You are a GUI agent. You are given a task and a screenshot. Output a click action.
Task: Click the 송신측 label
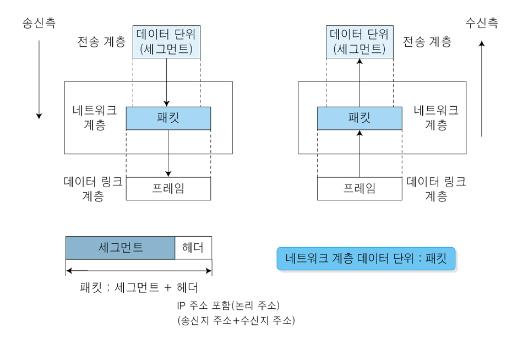pyautogui.click(x=39, y=23)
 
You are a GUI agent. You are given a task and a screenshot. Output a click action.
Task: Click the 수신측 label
pyautogui.click(x=482, y=23)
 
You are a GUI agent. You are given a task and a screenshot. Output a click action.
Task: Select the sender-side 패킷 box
pyautogui.click(x=168, y=118)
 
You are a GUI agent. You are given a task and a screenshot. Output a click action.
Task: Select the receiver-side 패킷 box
pyautogui.click(x=360, y=118)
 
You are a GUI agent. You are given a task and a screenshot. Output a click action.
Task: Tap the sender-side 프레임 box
pyautogui.click(x=168, y=189)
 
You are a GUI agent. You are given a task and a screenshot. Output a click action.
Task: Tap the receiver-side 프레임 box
pyautogui.click(x=360, y=189)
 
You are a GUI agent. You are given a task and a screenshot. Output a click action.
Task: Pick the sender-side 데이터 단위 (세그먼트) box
pyautogui.click(x=166, y=42)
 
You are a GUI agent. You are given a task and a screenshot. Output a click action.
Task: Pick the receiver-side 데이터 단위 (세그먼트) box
pyautogui.click(x=360, y=42)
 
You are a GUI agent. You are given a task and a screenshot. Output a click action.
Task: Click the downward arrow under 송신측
pyautogui.click(x=39, y=80)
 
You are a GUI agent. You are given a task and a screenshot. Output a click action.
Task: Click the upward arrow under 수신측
pyautogui.click(x=482, y=89)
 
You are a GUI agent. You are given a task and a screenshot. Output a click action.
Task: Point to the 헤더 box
pyautogui.click(x=193, y=248)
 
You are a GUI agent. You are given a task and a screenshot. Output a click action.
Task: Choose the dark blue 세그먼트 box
pyautogui.click(x=120, y=248)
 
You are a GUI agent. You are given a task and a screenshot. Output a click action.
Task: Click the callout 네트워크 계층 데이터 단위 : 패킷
pyautogui.click(x=366, y=259)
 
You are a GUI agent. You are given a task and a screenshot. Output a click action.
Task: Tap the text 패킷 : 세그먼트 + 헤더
pyautogui.click(x=139, y=287)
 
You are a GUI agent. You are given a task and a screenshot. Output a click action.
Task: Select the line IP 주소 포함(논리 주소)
pyautogui.click(x=228, y=306)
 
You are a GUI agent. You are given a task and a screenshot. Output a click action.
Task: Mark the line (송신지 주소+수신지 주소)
pyautogui.click(x=236, y=320)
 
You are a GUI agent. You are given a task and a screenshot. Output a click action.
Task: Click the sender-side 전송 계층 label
pyautogui.click(x=101, y=42)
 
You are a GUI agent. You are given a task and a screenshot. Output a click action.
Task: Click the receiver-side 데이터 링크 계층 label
pyautogui.click(x=436, y=189)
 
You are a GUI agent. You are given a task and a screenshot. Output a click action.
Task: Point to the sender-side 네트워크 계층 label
pyautogui.click(x=94, y=117)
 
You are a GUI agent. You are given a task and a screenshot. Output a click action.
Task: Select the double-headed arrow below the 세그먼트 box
pyautogui.click(x=139, y=271)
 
